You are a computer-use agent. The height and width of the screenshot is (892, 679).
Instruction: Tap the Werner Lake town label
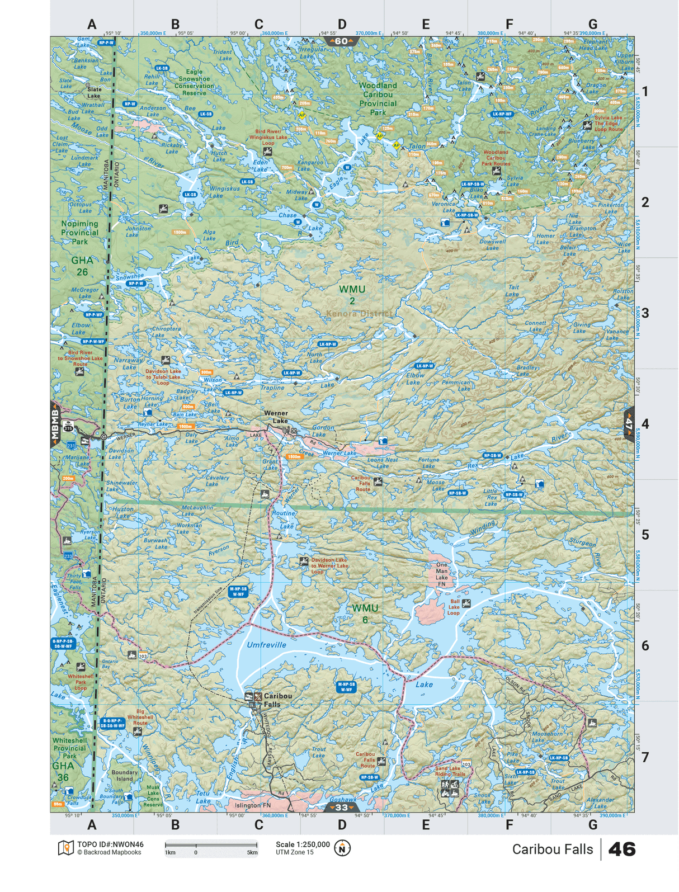pyautogui.click(x=276, y=417)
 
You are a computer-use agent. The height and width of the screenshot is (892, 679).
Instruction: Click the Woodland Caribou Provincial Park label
pyautogui.click(x=378, y=99)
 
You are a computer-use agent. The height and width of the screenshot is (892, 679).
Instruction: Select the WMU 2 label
pyautogui.click(x=352, y=295)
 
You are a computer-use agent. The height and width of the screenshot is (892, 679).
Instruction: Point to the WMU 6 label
pyautogui.click(x=365, y=613)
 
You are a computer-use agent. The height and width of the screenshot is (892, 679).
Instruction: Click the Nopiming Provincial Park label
pyautogui.click(x=79, y=233)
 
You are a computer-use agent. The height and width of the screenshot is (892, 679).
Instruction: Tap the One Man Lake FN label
pyautogui.click(x=442, y=574)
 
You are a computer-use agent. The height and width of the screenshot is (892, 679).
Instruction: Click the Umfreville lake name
pyautogui.click(x=266, y=645)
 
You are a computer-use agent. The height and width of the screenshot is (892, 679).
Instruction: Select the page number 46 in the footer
pyautogui.click(x=621, y=849)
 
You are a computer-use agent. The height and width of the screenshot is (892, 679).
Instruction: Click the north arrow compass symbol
pyautogui.click(x=342, y=848)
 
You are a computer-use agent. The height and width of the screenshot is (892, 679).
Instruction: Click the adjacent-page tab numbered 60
pyautogui.click(x=341, y=41)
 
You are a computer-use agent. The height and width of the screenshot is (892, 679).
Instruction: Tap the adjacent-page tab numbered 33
pyautogui.click(x=341, y=808)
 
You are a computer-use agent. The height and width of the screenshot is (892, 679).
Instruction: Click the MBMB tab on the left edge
pyautogui.click(x=55, y=424)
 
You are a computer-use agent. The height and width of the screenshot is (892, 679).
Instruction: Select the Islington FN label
pyautogui.click(x=253, y=805)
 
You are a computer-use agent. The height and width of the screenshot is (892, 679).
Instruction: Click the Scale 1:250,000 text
pyautogui.click(x=303, y=844)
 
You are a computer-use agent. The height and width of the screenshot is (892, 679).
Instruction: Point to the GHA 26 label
pyautogui.click(x=82, y=266)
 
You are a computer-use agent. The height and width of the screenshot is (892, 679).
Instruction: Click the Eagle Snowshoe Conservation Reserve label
pyautogui.click(x=194, y=82)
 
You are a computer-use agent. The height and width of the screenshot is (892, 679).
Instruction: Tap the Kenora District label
pyautogui.click(x=359, y=313)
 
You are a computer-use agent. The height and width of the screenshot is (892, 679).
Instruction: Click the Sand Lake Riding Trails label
pyautogui.click(x=450, y=771)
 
